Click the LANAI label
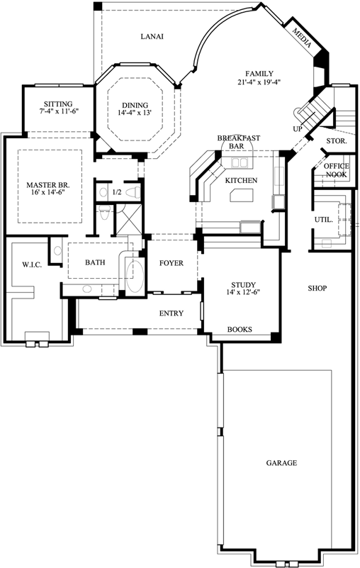tap(152, 36)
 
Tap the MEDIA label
tap(301, 38)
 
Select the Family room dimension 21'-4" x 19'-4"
tap(259, 82)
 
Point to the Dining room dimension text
tap(135, 113)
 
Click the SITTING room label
tap(58, 104)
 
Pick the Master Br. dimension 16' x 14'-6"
tap(47, 192)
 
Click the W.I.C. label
tap(32, 264)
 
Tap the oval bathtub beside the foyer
tap(135, 276)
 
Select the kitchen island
tap(242, 195)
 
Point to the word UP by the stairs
tap(298, 128)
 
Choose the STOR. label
tap(337, 141)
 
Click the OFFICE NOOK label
tap(337, 170)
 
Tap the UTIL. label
tap(323, 220)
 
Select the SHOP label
tap(317, 289)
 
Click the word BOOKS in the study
tap(240, 329)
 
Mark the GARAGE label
tap(281, 462)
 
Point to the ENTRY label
tap(171, 313)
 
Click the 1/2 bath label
tap(117, 192)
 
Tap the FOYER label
tap(171, 263)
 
